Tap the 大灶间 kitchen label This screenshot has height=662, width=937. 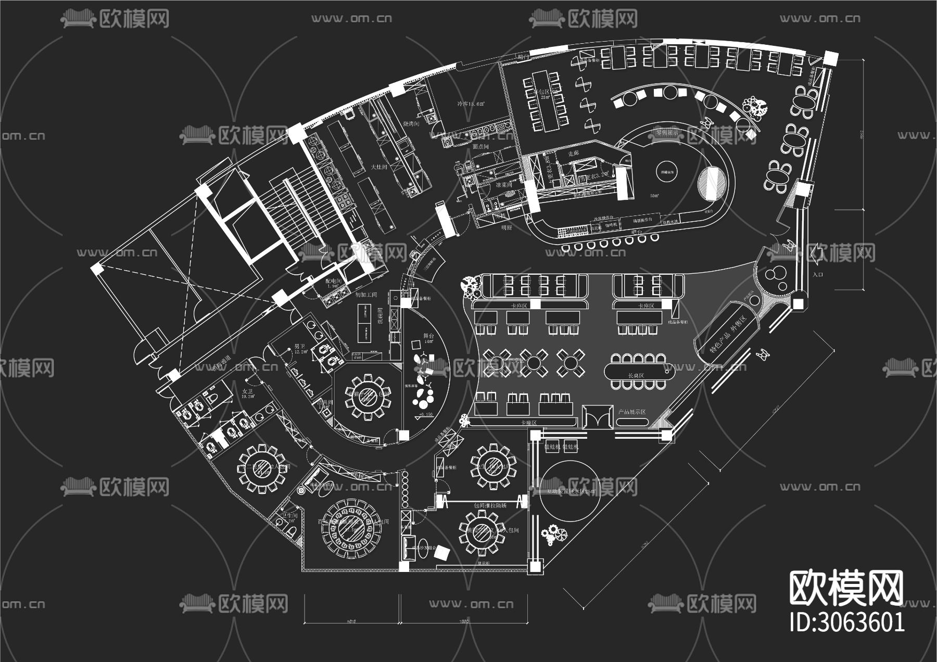click(x=378, y=167)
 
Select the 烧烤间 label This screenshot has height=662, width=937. click(x=412, y=124)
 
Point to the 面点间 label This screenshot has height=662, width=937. click(x=480, y=147)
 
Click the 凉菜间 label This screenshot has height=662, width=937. click(x=503, y=185)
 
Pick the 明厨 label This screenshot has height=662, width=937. click(x=507, y=227)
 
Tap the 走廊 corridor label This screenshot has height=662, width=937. click(x=574, y=154)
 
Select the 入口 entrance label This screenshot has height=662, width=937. click(x=818, y=274)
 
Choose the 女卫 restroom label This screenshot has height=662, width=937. click(x=247, y=391)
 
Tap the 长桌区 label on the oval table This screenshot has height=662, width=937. click(x=636, y=375)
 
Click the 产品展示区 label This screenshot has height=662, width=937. click(x=631, y=412)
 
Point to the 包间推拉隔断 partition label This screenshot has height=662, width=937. click(x=490, y=505)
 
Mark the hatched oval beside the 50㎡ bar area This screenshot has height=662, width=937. click(x=712, y=183)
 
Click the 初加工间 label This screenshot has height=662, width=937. click(x=366, y=295)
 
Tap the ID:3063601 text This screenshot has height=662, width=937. click(x=847, y=622)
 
